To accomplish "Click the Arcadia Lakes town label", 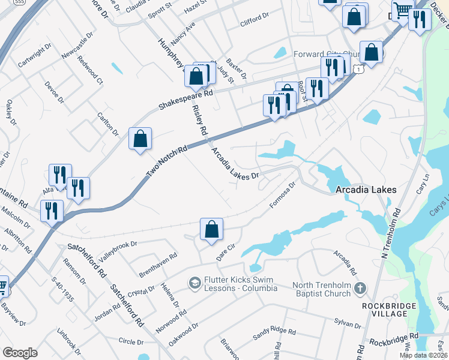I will click(x=366, y=190).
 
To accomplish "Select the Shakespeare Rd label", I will click(x=185, y=100).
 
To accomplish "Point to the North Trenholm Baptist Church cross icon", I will click(x=360, y=289).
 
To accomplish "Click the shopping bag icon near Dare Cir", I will click(x=211, y=229).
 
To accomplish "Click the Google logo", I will click(x=20, y=353).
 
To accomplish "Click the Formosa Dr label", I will click(x=283, y=196).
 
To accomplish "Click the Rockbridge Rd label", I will click(x=393, y=339).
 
